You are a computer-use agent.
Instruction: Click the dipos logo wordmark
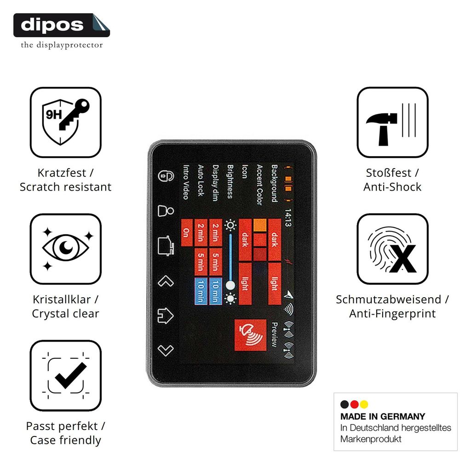[x=52, y=25]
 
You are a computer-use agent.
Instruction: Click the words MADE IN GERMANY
[x=383, y=416]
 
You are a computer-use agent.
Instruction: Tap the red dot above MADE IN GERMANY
[x=355, y=404]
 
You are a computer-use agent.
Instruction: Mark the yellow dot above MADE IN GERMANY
[x=364, y=404]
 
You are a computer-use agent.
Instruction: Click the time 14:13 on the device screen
[x=287, y=217]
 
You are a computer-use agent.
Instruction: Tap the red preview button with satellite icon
[x=250, y=335]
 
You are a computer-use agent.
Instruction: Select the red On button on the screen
[x=187, y=232]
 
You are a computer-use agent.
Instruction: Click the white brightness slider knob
[x=230, y=285]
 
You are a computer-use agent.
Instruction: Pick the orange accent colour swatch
[x=260, y=225]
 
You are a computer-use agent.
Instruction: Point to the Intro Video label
[x=186, y=182]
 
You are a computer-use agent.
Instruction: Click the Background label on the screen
[x=274, y=183]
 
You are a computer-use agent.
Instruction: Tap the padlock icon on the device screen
[x=166, y=176]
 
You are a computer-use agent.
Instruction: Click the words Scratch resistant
[x=65, y=187]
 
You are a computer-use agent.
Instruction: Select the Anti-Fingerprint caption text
[x=392, y=314]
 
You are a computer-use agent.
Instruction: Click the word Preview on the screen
[x=274, y=335]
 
